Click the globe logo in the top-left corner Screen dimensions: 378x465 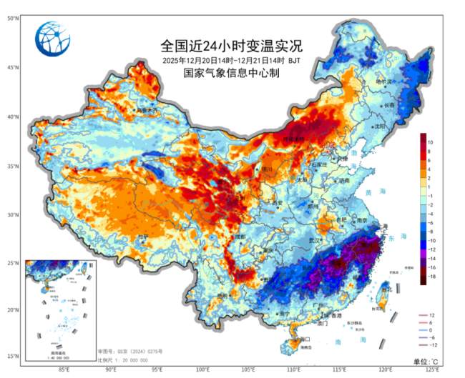coord(54,39)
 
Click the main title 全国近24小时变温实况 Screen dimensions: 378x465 coord(232,46)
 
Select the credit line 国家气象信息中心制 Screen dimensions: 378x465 coord(232,73)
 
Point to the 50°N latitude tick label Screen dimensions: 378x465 coord(13,18)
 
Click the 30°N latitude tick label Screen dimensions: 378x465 coord(13,214)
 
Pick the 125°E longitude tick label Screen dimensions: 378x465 coord(431,370)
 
